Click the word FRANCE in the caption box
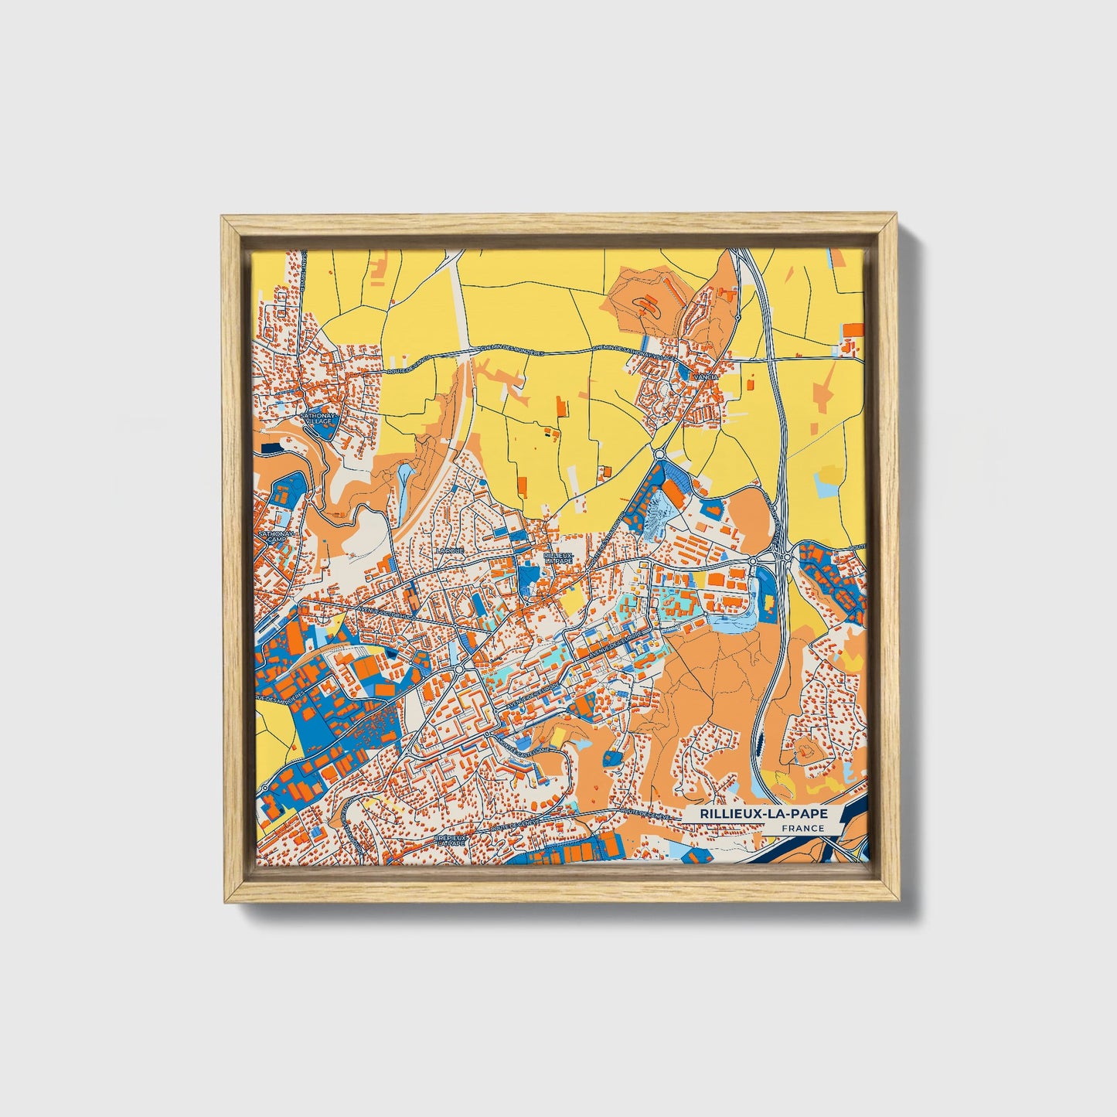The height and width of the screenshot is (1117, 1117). pos(802,828)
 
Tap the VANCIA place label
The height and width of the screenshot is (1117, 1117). pos(707,376)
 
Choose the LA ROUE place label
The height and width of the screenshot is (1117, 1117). pos(448,550)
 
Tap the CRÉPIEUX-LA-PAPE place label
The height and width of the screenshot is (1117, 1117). pos(451,840)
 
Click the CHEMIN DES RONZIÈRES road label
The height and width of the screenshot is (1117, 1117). pos(513,352)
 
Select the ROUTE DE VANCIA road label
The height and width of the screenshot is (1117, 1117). pos(409,365)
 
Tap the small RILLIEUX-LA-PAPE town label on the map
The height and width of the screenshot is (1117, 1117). pos(558,557)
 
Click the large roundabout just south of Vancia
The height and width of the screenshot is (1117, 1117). pos(659,455)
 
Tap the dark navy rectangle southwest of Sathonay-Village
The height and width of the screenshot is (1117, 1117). pos(271,447)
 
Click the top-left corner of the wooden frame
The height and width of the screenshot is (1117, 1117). pos(223,219)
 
